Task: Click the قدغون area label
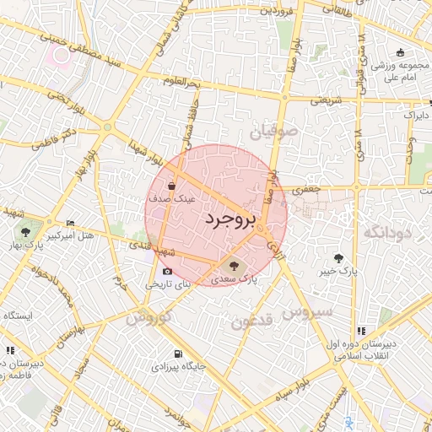(252, 321)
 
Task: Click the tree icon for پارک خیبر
(339, 257)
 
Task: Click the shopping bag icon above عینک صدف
(172, 186)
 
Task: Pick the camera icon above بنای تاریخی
(167, 271)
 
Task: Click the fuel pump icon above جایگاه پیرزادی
(176, 354)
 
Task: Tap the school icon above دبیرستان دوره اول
(361, 331)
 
